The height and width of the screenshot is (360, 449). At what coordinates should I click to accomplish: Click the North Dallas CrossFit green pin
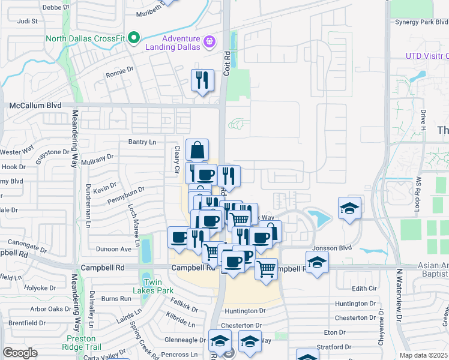coord(134,39)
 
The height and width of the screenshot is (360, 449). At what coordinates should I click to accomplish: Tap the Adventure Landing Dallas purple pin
coord(209,42)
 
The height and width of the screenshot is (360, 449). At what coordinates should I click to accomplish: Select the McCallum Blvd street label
coord(35,106)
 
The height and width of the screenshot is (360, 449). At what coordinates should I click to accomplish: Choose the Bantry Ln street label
coord(142,142)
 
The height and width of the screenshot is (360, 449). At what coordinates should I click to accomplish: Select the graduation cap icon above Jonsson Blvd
coord(349,208)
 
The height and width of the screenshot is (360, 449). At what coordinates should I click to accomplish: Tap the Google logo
coord(20,352)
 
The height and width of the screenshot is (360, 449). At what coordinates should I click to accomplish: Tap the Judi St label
coord(28,20)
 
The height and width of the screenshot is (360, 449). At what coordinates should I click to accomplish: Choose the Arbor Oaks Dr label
coord(51,309)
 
